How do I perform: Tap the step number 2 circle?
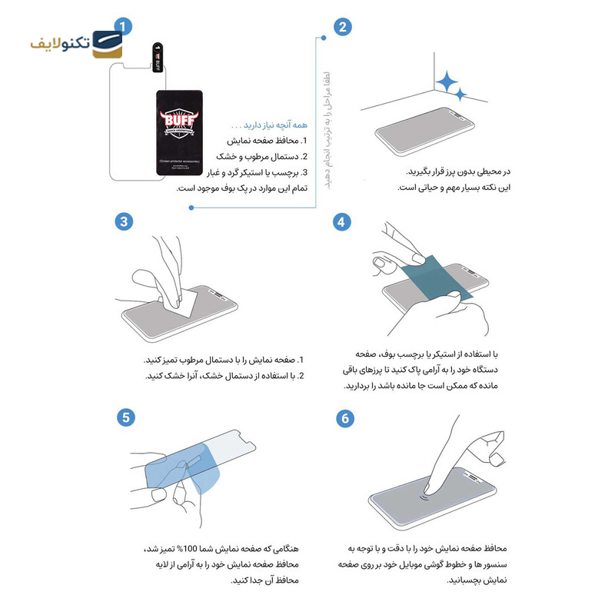pyautogui.click(x=343, y=26)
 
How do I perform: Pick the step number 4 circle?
pyautogui.click(x=343, y=221)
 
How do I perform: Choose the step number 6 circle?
pyautogui.click(x=343, y=417)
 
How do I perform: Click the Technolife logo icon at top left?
pyautogui.click(x=106, y=45)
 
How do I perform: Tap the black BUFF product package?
pyautogui.click(x=178, y=131)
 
